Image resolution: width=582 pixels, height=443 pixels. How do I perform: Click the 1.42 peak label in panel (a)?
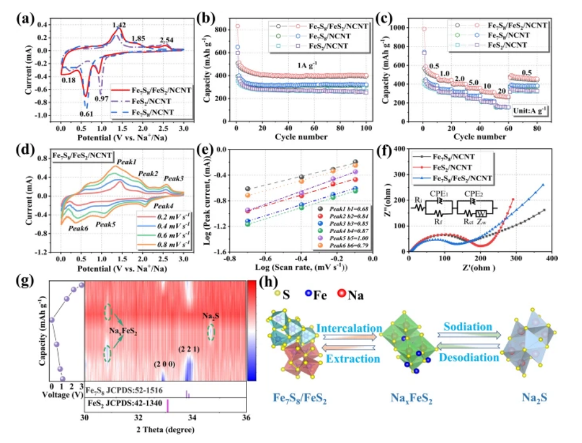(x=119, y=25)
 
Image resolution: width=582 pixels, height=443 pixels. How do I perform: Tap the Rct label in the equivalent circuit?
(x=468, y=221)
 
